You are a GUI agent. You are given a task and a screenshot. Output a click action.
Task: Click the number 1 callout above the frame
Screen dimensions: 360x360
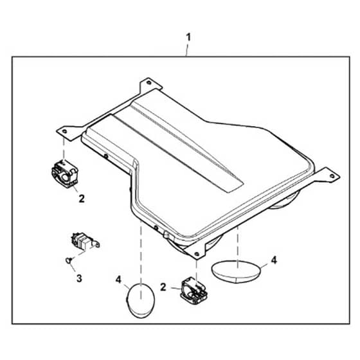pos(188,37)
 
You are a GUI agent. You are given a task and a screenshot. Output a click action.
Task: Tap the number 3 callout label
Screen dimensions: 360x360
pos(79,278)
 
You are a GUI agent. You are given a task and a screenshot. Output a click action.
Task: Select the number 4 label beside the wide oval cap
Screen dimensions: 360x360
pos(274,260)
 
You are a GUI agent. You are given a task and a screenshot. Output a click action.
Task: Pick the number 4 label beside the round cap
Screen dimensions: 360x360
pos(118,280)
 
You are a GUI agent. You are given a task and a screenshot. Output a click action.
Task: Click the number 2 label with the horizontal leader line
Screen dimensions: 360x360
pos(163,287)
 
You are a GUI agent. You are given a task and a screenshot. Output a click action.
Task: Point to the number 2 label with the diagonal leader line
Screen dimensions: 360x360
pos(82,199)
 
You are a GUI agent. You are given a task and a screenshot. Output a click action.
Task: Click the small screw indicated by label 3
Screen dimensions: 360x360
pos(68,260)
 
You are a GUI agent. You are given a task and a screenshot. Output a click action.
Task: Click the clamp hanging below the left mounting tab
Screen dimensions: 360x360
pos(65,174)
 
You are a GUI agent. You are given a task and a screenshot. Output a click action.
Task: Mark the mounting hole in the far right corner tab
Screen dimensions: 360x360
pos(332,176)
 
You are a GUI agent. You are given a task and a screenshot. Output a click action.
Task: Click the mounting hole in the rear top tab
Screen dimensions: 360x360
pos(148,82)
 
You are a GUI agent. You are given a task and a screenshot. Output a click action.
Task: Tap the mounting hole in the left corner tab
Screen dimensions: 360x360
pos(64,131)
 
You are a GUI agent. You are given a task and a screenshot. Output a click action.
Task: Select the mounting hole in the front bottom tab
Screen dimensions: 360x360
pos(197,254)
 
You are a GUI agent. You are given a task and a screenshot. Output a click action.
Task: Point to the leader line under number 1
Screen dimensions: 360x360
pos(187,50)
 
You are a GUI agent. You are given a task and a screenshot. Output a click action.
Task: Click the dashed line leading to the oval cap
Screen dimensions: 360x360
pos(237,247)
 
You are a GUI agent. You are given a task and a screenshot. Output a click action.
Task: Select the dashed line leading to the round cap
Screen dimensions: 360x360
pos(141,260)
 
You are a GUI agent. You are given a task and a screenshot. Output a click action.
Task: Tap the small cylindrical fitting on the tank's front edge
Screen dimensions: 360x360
pos(166,235)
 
